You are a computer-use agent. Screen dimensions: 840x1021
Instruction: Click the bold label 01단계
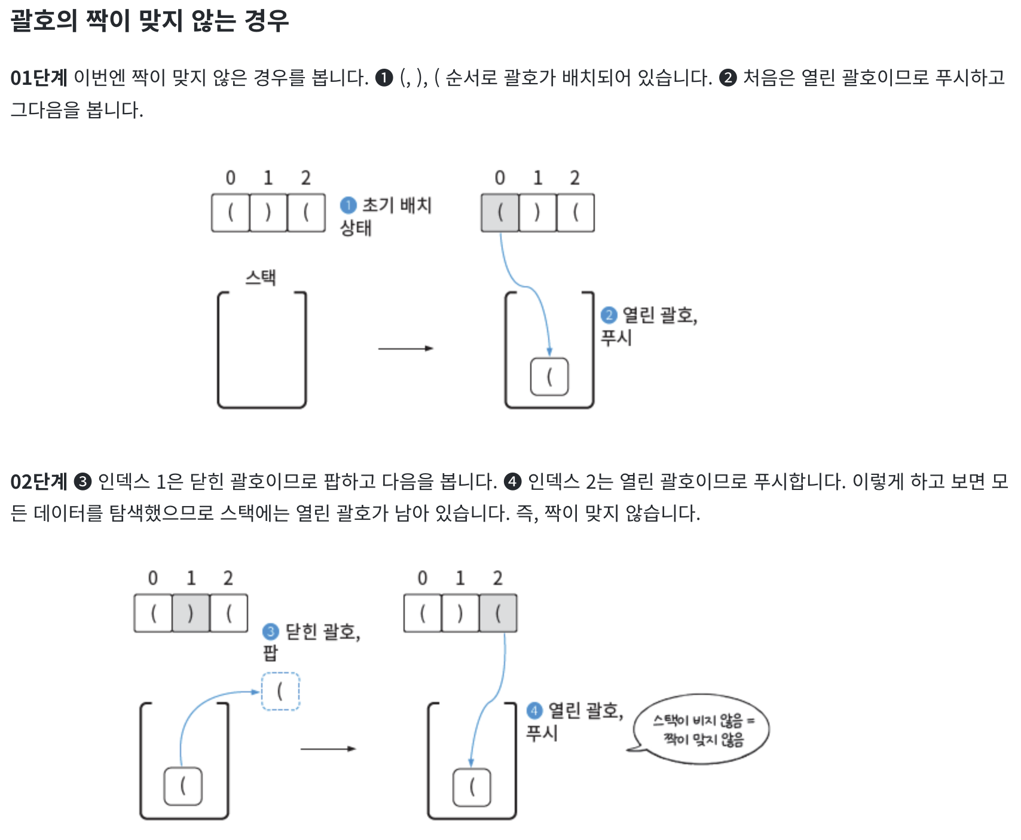pos(39,78)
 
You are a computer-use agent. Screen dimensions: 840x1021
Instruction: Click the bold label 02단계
pos(39,482)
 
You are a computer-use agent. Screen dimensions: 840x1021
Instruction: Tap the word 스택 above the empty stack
pos(261,277)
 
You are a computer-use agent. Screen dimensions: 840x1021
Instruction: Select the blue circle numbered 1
pos(348,206)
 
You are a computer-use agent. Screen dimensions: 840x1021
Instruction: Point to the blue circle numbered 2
pos(609,315)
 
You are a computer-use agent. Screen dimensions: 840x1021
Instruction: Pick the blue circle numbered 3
pos(271,631)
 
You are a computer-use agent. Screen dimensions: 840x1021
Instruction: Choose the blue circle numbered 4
pos(534,710)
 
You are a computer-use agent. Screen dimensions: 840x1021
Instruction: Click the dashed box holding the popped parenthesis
pos(280,692)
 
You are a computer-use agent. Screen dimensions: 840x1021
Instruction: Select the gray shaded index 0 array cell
pos(500,212)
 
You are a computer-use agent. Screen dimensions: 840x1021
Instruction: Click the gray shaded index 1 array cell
pos(191,613)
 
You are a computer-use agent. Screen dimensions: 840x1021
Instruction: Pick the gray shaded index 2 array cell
pos(498,613)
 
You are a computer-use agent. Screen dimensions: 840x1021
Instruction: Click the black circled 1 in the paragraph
pos(384,78)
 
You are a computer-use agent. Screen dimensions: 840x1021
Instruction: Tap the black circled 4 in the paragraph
pos(512,482)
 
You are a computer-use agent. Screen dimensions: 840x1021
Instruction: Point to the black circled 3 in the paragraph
pos(82,482)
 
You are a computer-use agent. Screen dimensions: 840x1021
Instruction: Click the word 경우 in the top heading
pos(267,21)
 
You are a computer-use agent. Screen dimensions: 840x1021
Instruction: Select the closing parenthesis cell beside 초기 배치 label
pos(268,212)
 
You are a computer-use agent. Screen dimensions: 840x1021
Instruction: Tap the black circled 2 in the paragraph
pos(727,78)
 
